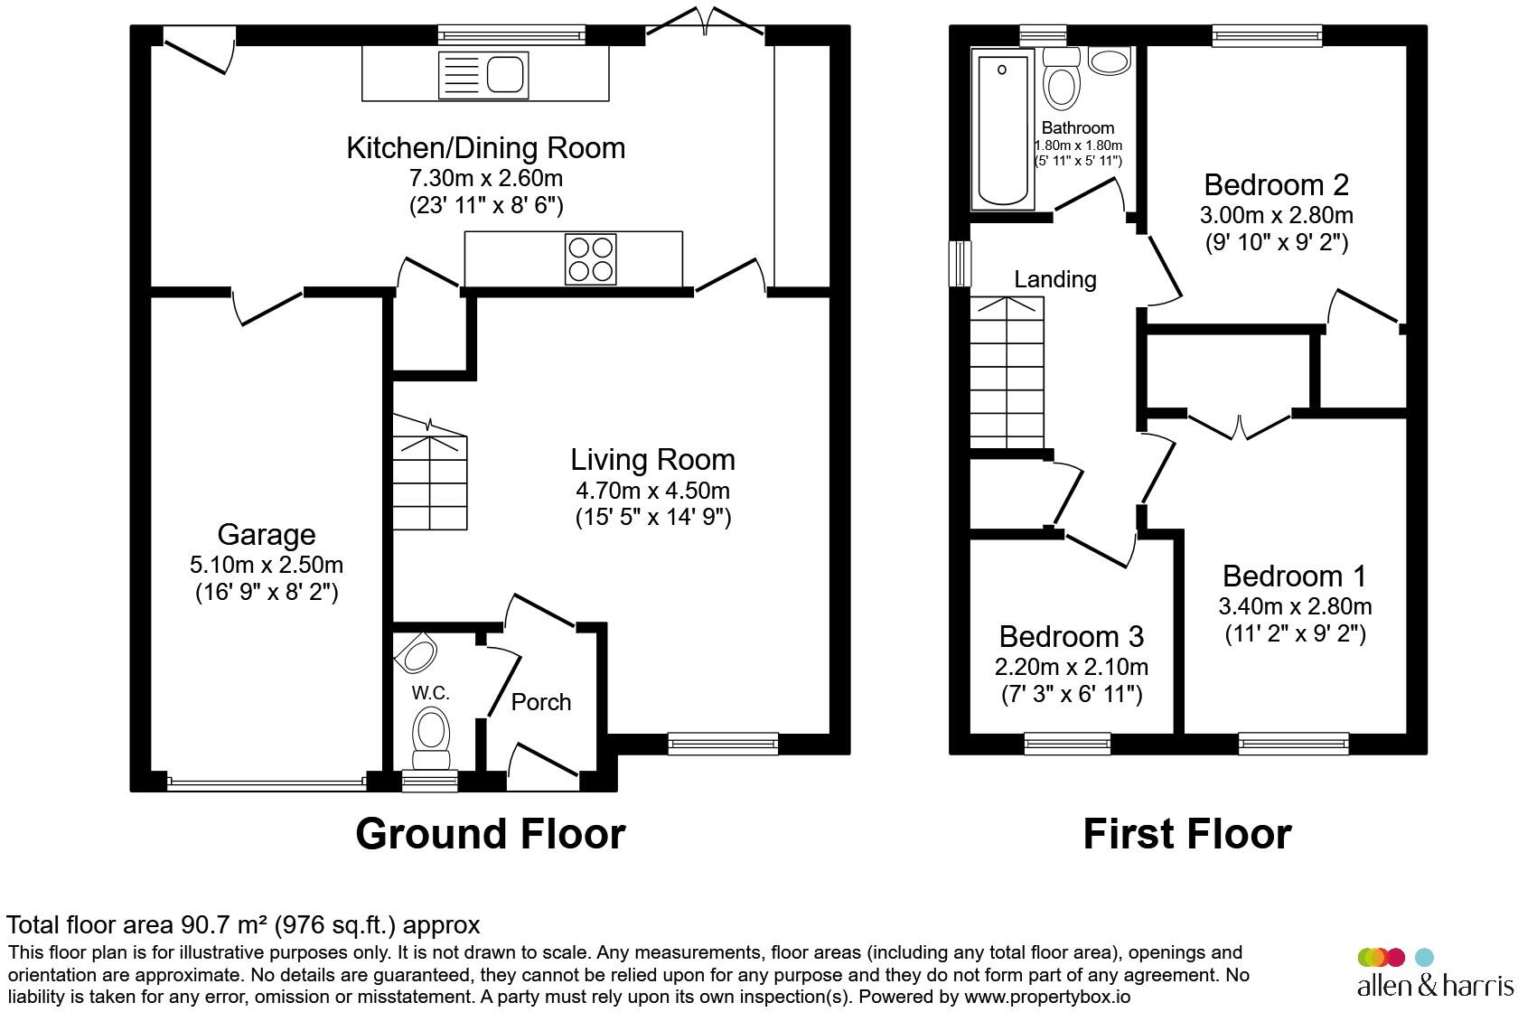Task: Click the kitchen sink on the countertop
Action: (x=483, y=75)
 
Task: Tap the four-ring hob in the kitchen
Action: (x=590, y=259)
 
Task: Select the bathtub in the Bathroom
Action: (x=1003, y=129)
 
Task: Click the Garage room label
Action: (x=267, y=535)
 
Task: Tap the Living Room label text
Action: (x=652, y=460)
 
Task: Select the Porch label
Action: (x=540, y=702)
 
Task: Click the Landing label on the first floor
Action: (x=1055, y=279)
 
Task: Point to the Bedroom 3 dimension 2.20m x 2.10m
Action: (x=1072, y=667)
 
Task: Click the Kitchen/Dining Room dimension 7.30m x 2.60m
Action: (x=486, y=178)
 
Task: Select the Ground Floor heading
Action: (x=490, y=834)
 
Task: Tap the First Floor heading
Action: (x=1187, y=834)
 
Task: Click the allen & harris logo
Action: (x=1435, y=973)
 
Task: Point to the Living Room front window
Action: (x=723, y=744)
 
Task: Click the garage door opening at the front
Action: (x=267, y=783)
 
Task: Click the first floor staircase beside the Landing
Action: (x=1007, y=373)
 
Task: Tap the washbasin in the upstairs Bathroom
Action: (x=1110, y=61)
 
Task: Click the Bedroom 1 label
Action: (x=1294, y=576)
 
